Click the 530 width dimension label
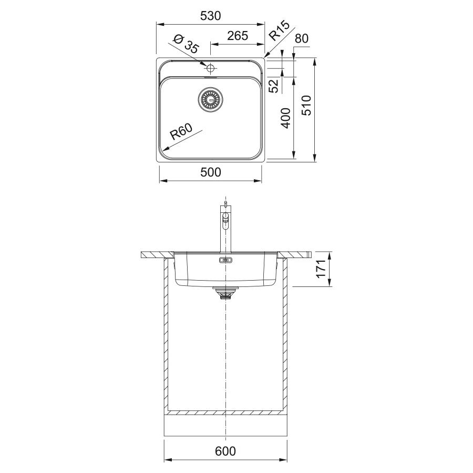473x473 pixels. coord(211,16)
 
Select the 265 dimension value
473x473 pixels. coord(238,36)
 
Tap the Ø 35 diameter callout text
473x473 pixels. coord(186,44)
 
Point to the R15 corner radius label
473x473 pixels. coord(280,30)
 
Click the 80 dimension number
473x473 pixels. coord(302,38)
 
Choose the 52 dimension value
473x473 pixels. coord(274,86)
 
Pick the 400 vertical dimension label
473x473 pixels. coord(286,118)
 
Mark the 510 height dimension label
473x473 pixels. coord(306,105)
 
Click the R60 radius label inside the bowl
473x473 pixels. coord(181,132)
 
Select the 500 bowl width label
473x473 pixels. coord(211,172)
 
